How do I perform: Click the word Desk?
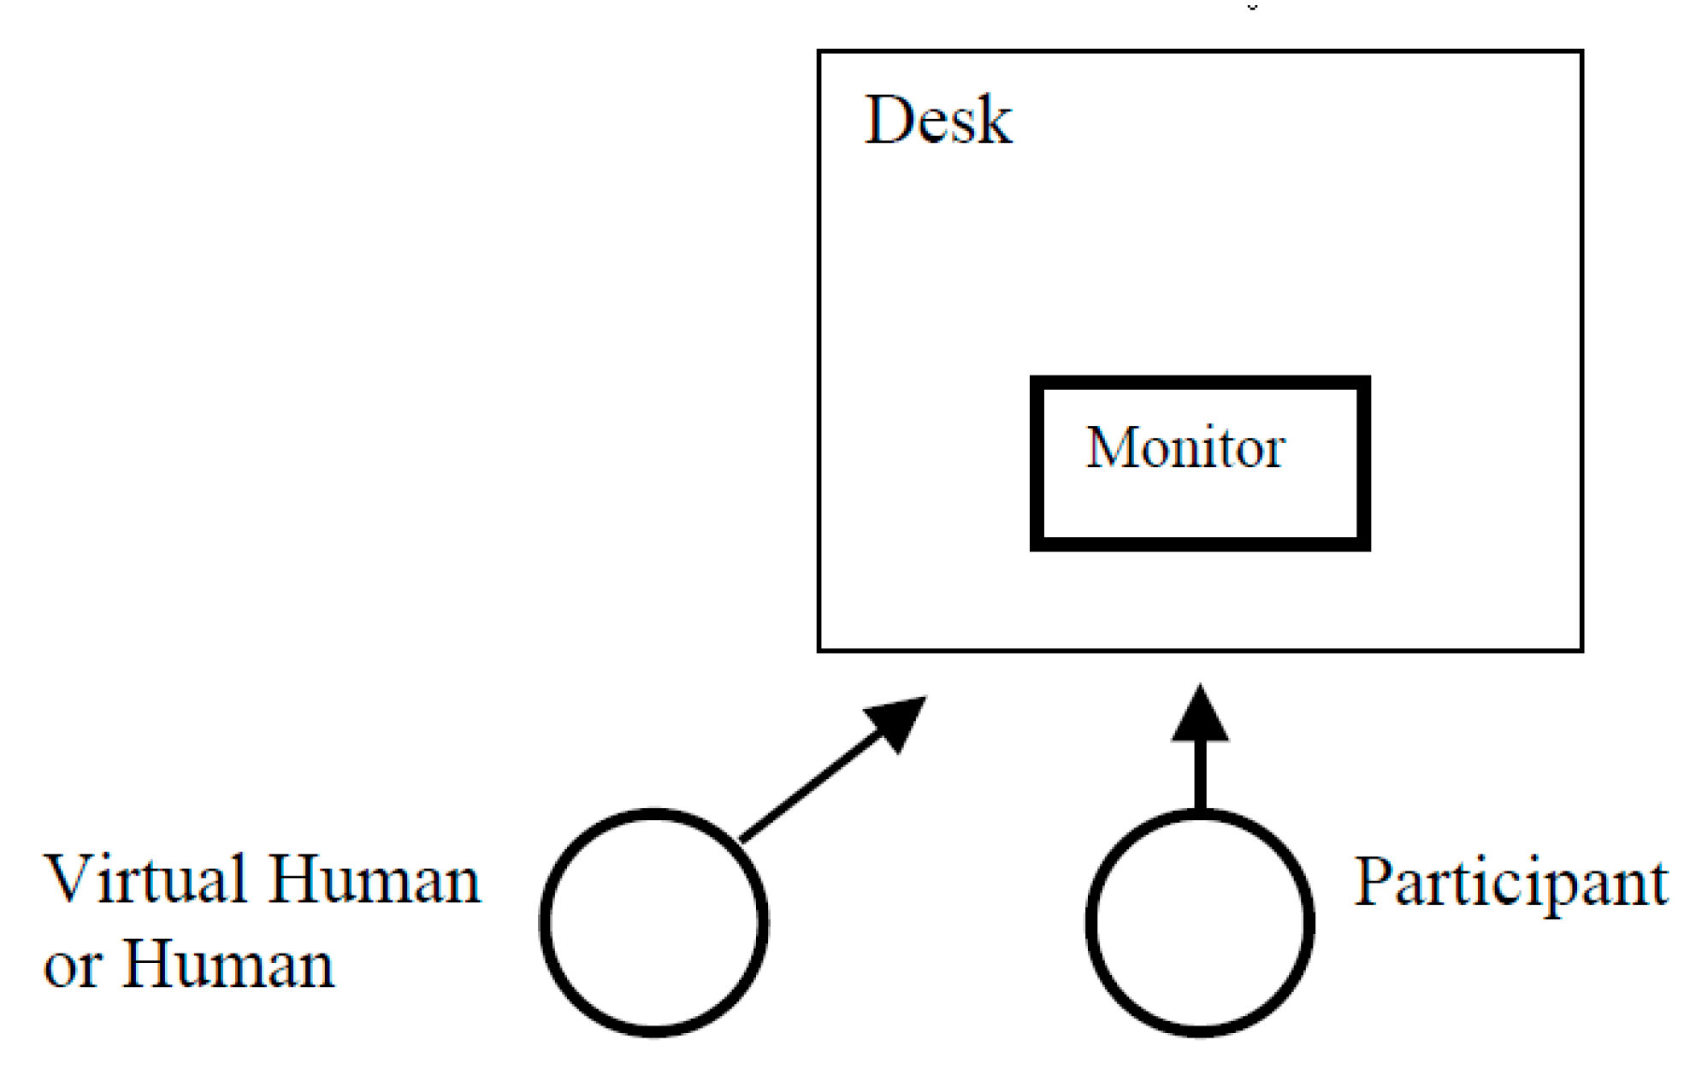coord(938,120)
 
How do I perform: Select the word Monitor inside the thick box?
coord(1185,447)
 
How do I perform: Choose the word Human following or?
coord(228,965)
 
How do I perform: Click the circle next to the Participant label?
coord(1200,923)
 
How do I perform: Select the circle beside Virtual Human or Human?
coord(653,923)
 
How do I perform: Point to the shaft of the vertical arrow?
coord(1200,774)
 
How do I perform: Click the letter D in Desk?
coord(888,120)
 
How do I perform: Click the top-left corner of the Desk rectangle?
coord(819,52)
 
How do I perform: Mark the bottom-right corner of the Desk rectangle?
coord(1581,650)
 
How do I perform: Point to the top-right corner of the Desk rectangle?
coord(1581,52)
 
